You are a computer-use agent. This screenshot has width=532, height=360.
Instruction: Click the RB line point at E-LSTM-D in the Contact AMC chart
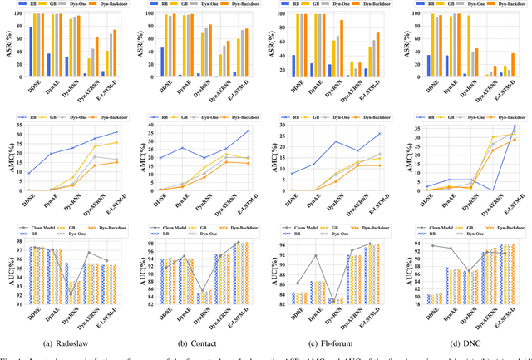[x=248, y=131]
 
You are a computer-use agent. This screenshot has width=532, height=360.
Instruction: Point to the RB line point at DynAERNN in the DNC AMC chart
[x=492, y=190]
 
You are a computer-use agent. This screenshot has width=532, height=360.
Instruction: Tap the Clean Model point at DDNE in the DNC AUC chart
[x=432, y=222]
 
